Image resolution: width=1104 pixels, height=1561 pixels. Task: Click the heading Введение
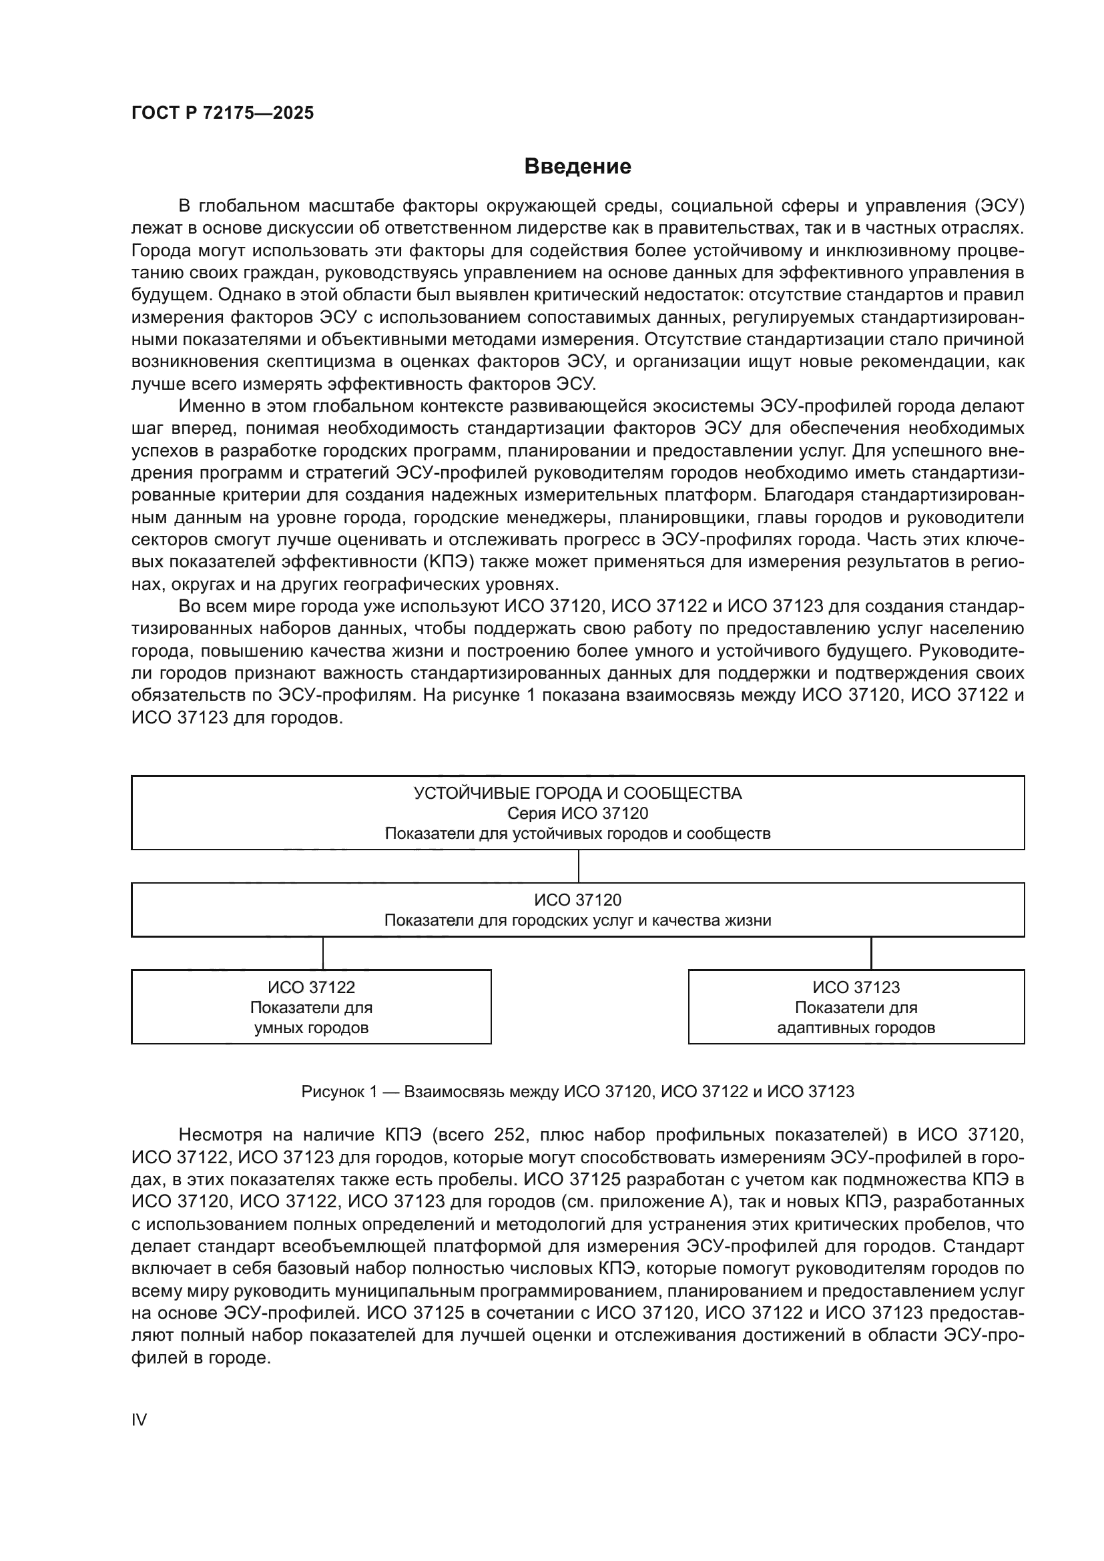point(577,167)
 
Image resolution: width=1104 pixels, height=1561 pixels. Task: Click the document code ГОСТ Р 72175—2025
point(222,113)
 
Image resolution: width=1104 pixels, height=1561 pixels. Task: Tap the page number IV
point(139,1420)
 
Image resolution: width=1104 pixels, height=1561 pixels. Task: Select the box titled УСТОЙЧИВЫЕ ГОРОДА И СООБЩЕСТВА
point(577,812)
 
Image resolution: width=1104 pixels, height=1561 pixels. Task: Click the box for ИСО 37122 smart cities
point(310,1007)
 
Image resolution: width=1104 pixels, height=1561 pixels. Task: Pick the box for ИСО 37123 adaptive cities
point(856,1007)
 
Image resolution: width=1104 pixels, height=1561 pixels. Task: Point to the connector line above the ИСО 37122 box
point(323,952)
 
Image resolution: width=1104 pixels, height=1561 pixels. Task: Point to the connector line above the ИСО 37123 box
point(871,952)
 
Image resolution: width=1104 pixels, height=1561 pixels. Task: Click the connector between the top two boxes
point(579,866)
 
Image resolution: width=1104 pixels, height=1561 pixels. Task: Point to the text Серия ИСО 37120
point(577,813)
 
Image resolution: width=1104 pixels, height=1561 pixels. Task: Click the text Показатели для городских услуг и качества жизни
point(577,920)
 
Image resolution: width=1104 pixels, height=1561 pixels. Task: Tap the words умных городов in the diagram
point(310,1027)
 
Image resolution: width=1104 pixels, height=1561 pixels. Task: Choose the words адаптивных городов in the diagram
point(856,1027)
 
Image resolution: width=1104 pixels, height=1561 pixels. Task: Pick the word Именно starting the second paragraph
point(214,406)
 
